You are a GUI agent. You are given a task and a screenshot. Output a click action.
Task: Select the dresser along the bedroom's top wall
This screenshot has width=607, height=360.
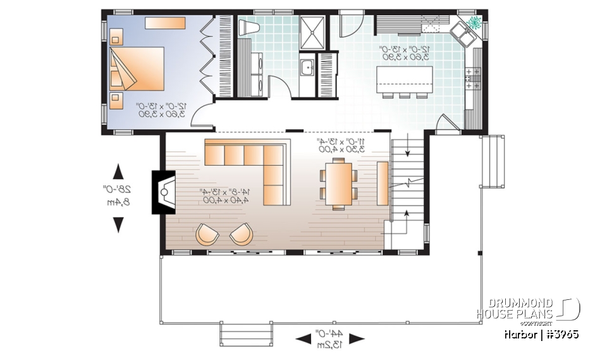click(x=165, y=23)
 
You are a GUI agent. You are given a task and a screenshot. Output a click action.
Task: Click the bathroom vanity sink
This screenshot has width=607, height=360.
click(x=307, y=66)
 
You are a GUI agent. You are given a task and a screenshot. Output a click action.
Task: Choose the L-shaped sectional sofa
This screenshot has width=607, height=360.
click(x=253, y=163)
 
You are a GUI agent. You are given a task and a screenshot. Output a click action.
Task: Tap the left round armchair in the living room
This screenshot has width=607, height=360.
click(x=207, y=234)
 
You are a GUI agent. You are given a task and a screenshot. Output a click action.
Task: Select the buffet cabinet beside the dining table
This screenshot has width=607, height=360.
click(x=383, y=183)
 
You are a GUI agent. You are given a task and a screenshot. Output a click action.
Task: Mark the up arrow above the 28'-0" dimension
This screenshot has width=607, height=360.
click(x=118, y=171)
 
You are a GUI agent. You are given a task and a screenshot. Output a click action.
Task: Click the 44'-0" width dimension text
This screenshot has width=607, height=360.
click(x=331, y=338)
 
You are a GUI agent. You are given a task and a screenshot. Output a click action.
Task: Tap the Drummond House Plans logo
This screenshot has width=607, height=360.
click(x=527, y=309)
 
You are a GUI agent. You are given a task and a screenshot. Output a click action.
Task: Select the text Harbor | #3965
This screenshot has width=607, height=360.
click(x=541, y=333)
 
